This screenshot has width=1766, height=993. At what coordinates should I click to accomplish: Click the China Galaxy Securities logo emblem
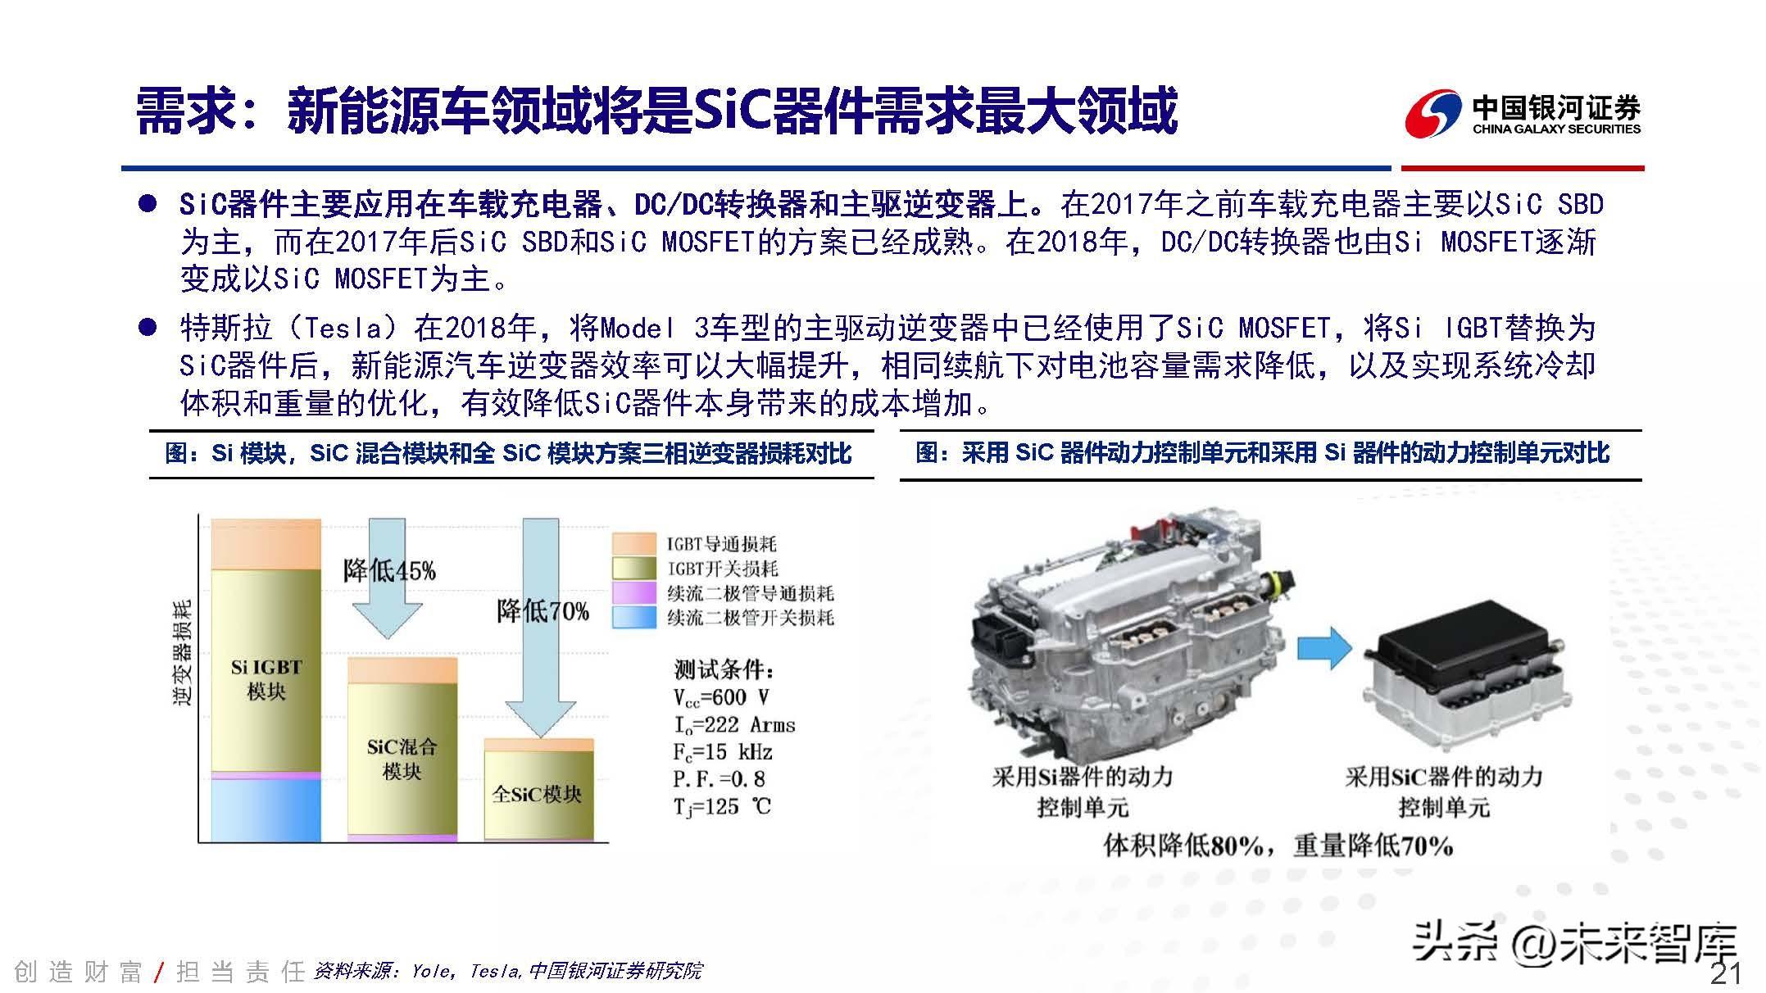(1433, 114)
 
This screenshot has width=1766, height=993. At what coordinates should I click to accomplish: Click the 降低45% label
(389, 570)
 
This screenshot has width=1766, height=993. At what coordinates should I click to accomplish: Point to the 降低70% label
(543, 610)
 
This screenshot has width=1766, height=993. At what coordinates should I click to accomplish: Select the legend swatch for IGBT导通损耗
(634, 543)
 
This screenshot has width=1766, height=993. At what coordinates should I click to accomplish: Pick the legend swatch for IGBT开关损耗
(634, 568)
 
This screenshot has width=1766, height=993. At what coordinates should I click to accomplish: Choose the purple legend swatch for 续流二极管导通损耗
(634, 592)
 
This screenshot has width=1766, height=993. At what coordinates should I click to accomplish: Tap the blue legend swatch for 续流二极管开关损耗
(634, 617)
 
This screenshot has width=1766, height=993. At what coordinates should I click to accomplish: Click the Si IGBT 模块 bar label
(266, 679)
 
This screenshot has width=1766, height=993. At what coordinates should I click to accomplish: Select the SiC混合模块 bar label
(402, 759)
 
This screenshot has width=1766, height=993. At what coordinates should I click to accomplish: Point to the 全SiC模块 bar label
(537, 794)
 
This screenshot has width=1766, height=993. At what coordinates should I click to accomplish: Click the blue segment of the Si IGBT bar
(266, 809)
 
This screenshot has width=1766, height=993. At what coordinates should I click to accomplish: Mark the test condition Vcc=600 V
(721, 697)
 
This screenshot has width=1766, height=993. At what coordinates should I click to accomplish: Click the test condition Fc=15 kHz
(723, 752)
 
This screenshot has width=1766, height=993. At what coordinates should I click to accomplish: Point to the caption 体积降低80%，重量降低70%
(1278, 846)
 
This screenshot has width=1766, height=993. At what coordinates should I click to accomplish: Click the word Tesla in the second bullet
(343, 328)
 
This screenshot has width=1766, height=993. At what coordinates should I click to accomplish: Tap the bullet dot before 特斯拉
(148, 328)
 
